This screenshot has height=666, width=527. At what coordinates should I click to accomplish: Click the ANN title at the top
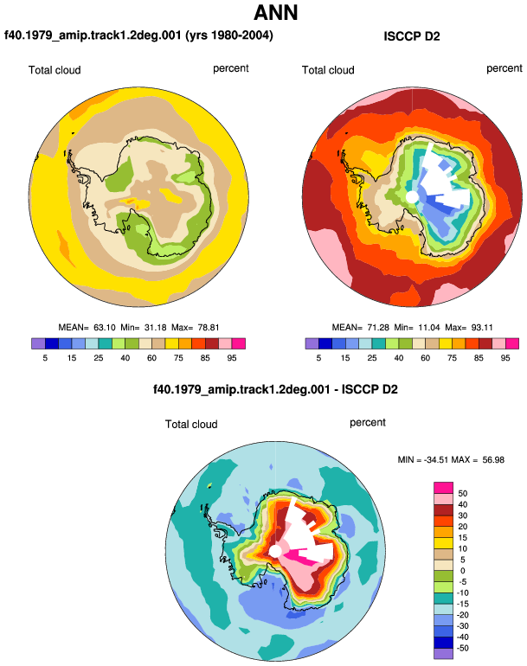pos(276,13)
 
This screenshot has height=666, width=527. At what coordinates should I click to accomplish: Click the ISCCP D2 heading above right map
pos(411,36)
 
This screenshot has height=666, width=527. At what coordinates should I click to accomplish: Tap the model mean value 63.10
pos(105,328)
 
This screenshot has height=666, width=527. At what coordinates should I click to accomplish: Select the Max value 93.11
pos(482,328)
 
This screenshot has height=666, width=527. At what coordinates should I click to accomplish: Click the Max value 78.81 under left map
pos(209,328)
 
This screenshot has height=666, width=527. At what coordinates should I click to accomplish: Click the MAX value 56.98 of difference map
pos(493,460)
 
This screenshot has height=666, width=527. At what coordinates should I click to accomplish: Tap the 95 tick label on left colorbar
pos(232,358)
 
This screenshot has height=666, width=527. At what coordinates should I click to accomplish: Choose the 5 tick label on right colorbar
pos(318,358)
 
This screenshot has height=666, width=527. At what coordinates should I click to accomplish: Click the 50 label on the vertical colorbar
pos(463,494)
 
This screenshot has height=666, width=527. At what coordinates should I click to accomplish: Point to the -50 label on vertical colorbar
pos(462,648)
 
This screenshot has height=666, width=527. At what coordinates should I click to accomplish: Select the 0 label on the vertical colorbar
pos(463,571)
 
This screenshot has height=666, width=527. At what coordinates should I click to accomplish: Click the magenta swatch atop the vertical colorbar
pos(444,488)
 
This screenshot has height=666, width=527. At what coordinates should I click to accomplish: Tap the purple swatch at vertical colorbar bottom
pos(444,653)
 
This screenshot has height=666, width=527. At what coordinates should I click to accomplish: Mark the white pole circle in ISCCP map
pos(411,197)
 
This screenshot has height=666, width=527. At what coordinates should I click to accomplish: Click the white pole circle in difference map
pos(275,551)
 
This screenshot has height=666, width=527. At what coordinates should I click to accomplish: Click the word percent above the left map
pos(231,68)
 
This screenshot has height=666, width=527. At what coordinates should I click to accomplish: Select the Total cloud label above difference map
pos(191,425)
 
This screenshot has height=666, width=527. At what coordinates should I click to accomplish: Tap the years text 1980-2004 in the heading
pos(240,35)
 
